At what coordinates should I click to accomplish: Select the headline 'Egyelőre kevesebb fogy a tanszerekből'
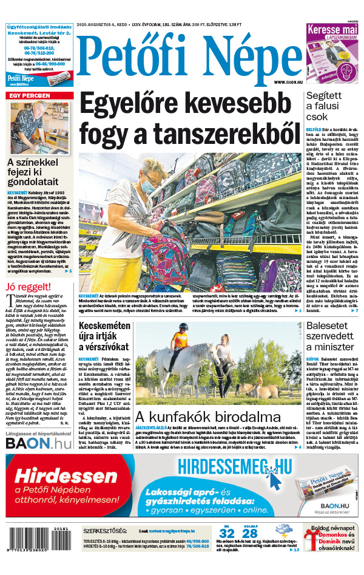(x=190, y=119)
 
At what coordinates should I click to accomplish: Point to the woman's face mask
(x=148, y=186)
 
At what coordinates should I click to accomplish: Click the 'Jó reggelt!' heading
(x=27, y=287)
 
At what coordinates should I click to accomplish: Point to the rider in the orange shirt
(x=179, y=339)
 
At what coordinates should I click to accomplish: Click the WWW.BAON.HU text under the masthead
(x=289, y=82)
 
